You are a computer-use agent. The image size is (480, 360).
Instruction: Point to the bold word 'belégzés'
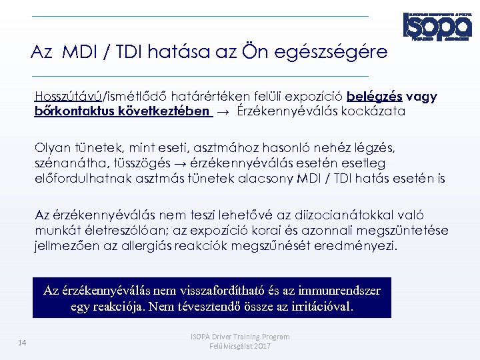pos(374,97)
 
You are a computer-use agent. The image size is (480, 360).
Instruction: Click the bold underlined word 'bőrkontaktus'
pos(74,111)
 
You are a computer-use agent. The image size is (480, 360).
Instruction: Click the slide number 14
pos(21,343)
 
